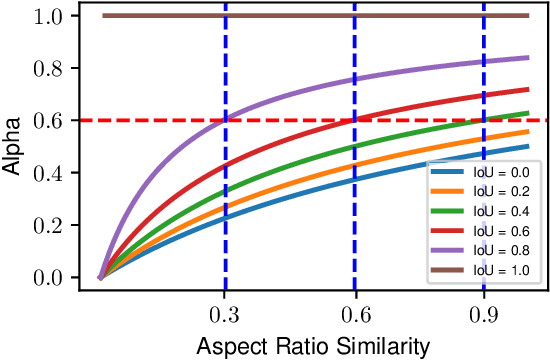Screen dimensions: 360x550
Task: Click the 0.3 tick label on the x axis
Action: tap(225, 313)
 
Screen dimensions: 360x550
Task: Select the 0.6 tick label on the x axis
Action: tap(354, 313)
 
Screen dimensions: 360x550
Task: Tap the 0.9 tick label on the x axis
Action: tap(484, 313)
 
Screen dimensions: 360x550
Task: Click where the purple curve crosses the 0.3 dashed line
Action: tap(225, 120)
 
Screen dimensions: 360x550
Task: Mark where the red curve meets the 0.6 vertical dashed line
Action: tap(354, 120)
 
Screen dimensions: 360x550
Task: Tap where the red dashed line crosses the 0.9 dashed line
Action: tap(484, 120)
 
